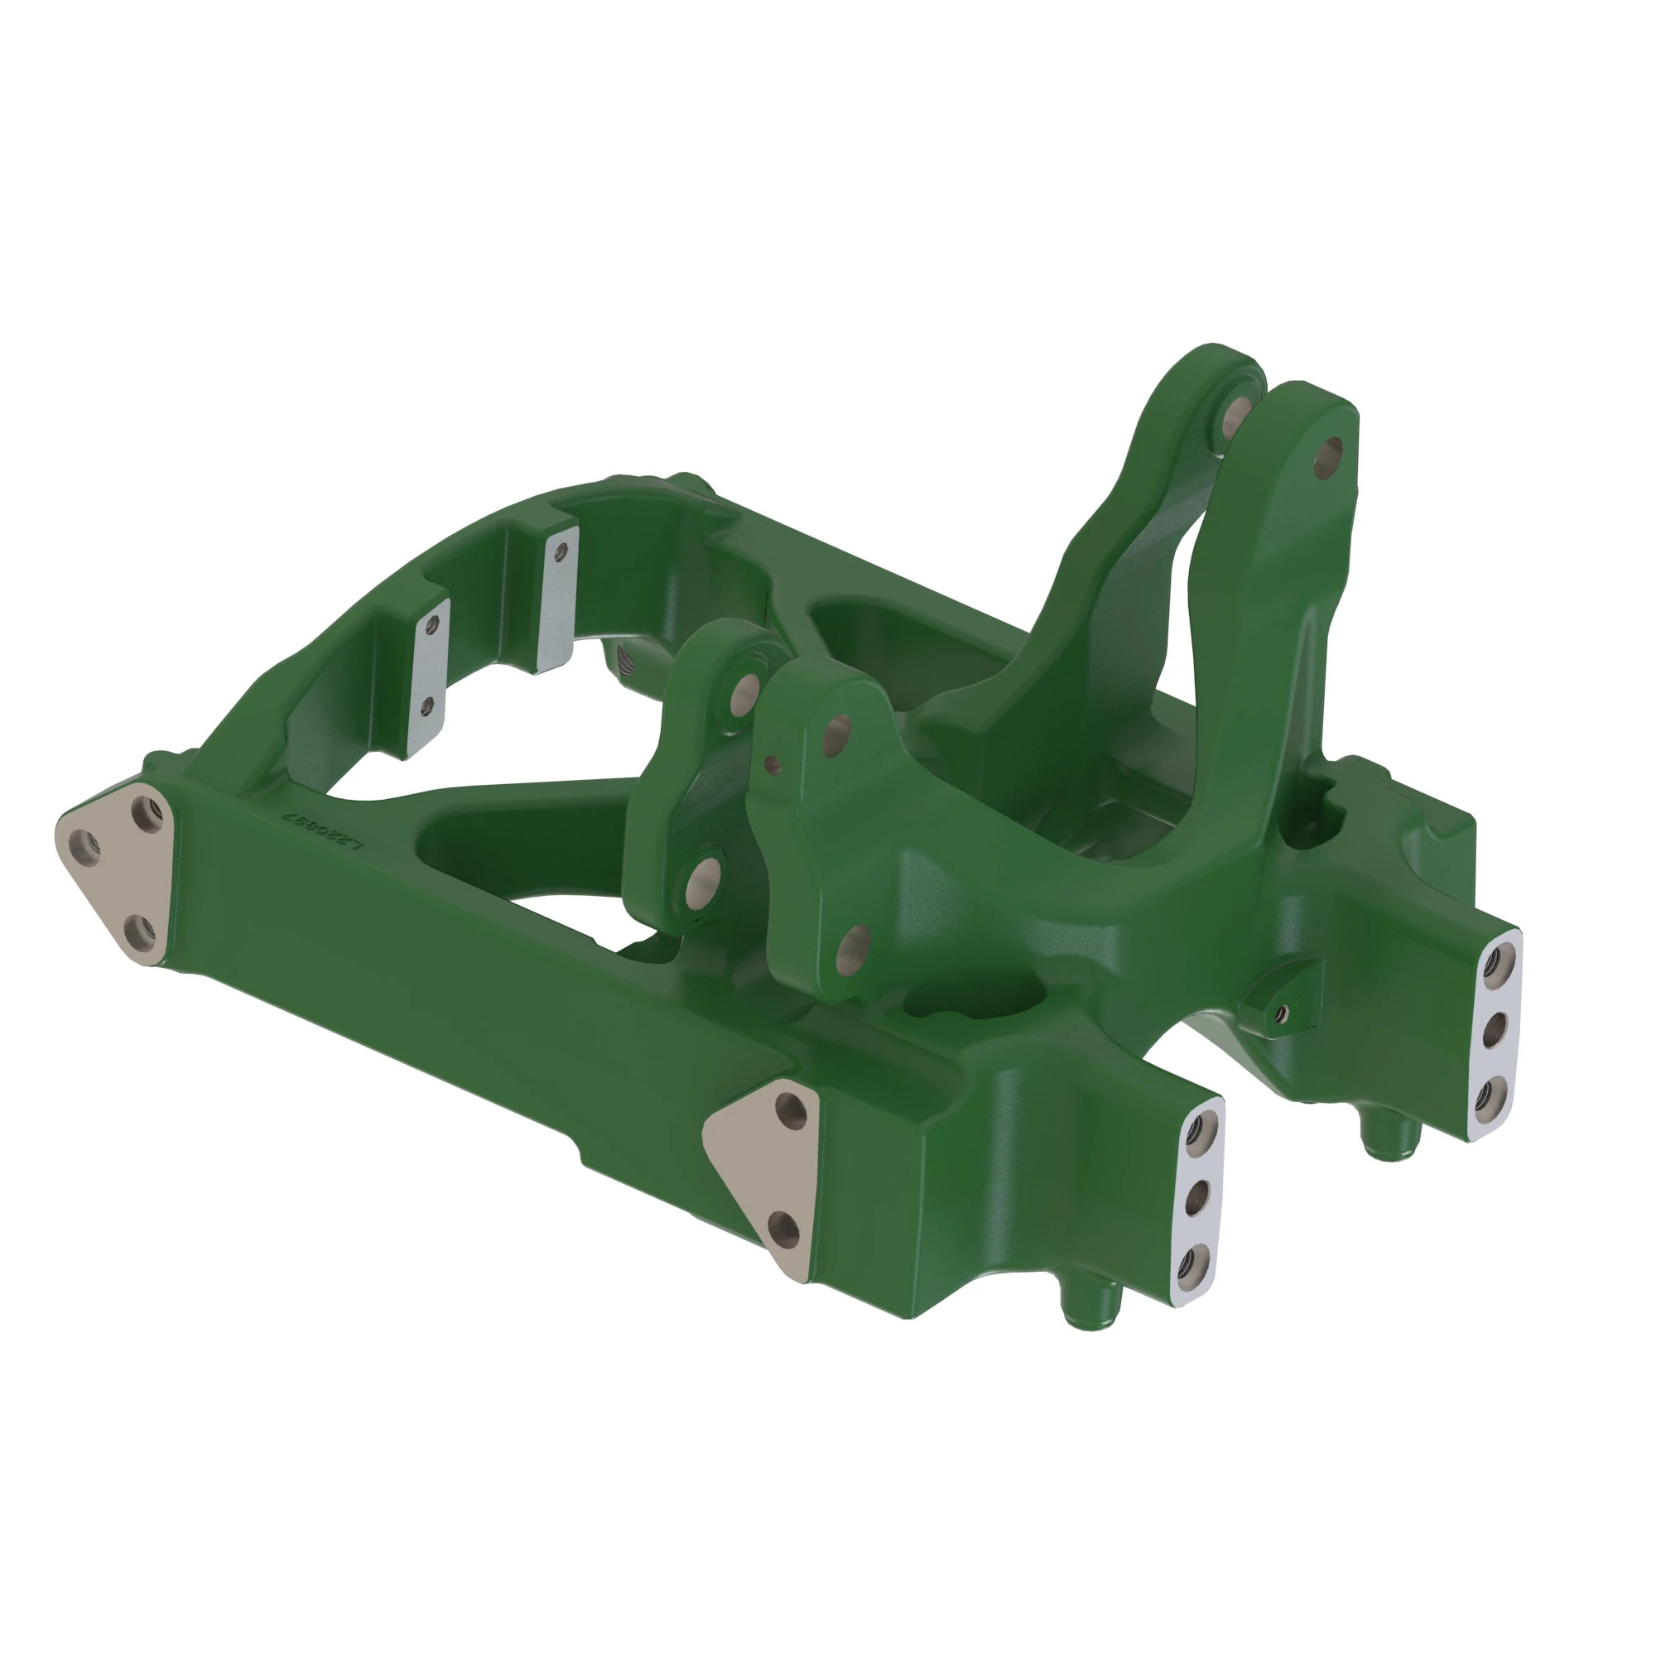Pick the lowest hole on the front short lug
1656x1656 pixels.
click(x=853, y=944)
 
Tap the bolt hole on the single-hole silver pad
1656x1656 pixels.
click(x=561, y=551)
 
